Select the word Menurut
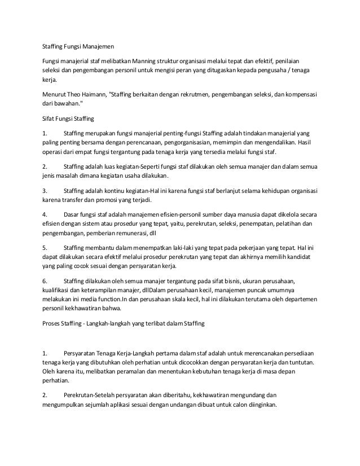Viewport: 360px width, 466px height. point(55,93)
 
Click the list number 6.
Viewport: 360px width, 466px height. point(45,281)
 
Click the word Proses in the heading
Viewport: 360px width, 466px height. point(54,324)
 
